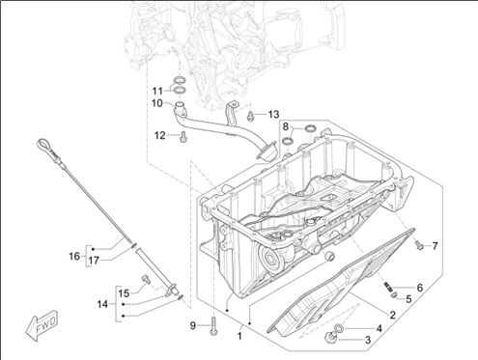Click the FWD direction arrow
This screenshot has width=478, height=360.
tap(42, 325)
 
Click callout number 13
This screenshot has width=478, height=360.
tap(273, 114)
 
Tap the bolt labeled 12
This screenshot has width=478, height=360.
tap(183, 137)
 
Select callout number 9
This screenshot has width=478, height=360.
tap(193, 325)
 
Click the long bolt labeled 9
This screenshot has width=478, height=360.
tap(213, 325)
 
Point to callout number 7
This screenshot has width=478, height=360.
tap(435, 246)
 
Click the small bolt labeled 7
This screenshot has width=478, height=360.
tap(418, 244)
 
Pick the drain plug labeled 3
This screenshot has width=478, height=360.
tap(331, 338)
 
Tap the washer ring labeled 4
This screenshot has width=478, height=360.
tap(339, 328)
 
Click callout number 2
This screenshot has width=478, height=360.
tap(392, 315)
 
